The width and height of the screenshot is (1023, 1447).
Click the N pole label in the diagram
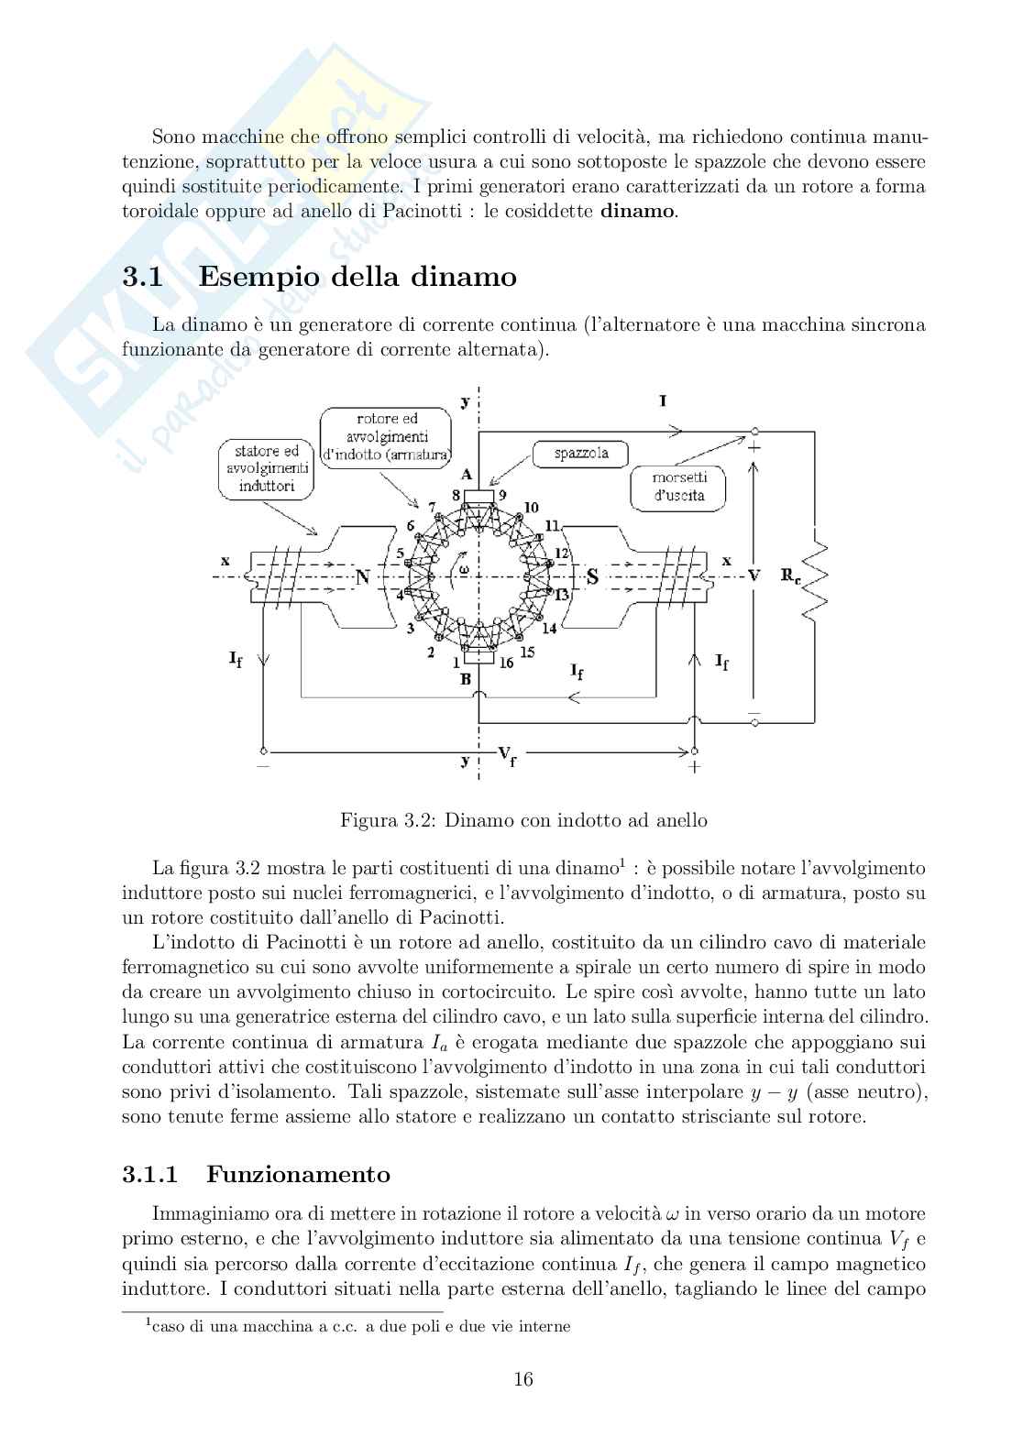(362, 576)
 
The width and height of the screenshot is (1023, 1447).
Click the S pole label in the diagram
(592, 576)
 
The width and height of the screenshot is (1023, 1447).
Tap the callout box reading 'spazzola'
(581, 454)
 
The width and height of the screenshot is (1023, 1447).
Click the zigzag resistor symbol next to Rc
(814, 577)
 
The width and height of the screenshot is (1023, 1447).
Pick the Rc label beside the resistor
(789, 576)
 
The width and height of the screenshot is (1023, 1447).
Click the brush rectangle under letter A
(479, 497)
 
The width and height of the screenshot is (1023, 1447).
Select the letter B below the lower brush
(466, 680)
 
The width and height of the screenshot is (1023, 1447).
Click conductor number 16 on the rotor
(506, 663)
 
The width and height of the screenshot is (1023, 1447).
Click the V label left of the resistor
(753, 576)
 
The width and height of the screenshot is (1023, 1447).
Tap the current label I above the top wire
(663, 401)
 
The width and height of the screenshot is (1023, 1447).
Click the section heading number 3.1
(143, 277)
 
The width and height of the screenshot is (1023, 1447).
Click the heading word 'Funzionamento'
(298, 1175)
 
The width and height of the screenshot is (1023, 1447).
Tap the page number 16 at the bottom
(524, 1379)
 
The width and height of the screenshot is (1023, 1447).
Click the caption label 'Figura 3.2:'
(389, 820)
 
